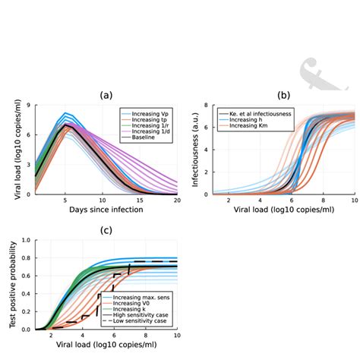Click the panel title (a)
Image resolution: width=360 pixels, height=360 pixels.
point(106,95)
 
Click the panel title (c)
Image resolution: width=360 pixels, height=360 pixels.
point(106,230)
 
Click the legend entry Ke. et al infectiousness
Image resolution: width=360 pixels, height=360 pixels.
point(248,112)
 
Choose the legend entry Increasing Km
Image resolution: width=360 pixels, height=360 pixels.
point(240,125)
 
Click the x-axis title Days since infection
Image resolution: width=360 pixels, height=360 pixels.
point(106,209)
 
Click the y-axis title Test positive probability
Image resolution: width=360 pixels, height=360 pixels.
point(13,285)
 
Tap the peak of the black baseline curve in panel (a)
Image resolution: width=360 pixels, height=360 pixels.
point(66,125)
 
